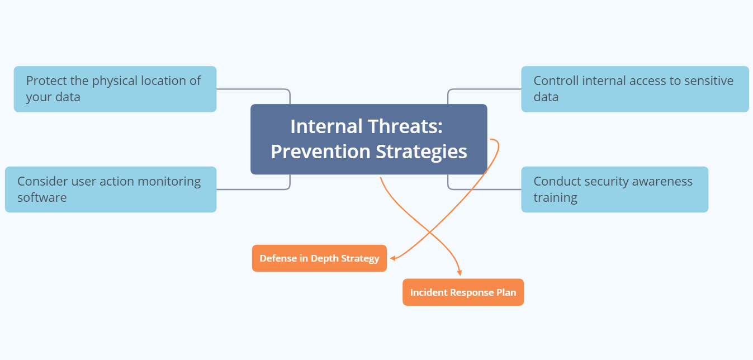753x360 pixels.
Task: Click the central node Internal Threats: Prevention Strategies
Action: [368, 139]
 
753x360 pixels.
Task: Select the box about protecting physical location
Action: [115, 89]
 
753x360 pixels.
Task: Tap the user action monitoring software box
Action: [110, 190]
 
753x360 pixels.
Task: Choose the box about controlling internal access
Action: [634, 89]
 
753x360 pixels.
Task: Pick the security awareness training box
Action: [614, 190]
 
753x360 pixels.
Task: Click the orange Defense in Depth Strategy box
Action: [319, 258]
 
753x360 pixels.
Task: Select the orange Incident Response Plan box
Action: [463, 292]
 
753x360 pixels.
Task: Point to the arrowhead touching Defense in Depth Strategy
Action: [393, 258]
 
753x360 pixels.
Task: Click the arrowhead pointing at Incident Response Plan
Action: [460, 273]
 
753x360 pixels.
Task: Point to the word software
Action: [42, 198]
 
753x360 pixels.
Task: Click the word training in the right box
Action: [555, 198]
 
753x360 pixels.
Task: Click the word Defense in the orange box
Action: [277, 258]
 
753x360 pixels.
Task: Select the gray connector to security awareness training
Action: [484, 190]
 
